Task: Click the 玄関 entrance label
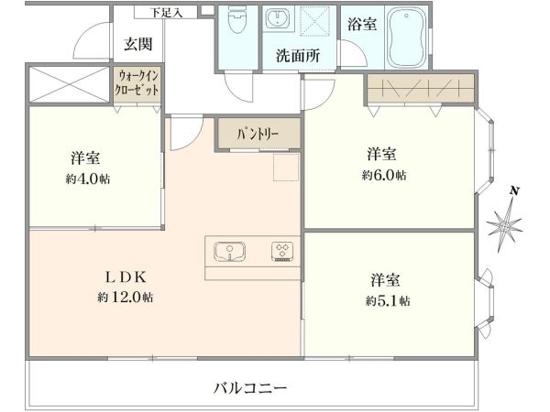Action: point(140,43)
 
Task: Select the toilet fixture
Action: point(237,27)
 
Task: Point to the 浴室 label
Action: point(361,25)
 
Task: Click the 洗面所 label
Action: point(298,55)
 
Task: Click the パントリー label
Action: point(258,134)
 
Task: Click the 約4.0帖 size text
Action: point(89,179)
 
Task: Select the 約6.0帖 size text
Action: point(384,174)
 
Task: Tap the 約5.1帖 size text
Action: point(387,299)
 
